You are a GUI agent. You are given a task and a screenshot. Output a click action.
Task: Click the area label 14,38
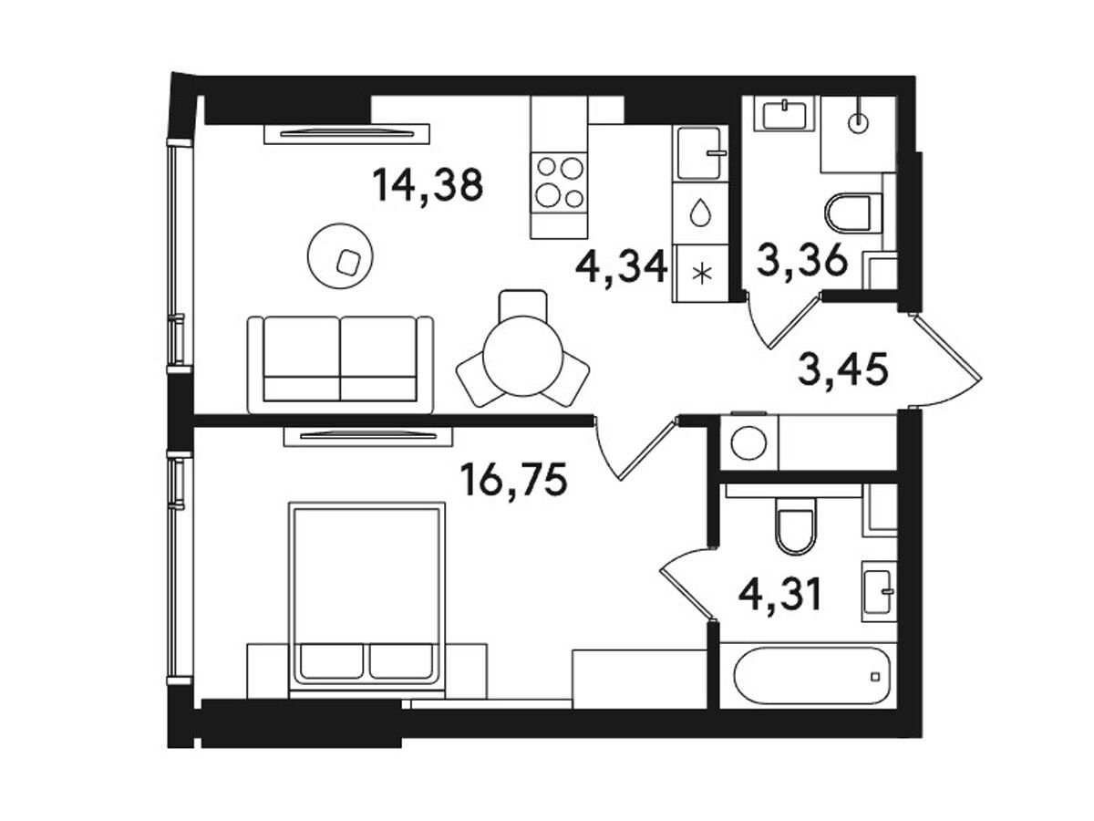click(428, 186)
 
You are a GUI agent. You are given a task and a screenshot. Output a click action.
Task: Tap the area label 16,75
click(513, 480)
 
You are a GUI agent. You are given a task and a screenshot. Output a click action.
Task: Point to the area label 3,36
click(801, 261)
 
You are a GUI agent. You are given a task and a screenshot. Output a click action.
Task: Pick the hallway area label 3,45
click(843, 370)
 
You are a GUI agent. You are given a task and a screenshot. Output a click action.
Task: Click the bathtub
click(811, 676)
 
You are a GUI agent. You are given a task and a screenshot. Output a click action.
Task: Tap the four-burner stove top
click(559, 182)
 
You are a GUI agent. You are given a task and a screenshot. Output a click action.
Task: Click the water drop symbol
click(700, 213)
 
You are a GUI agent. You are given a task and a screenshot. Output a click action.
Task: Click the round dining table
click(523, 356)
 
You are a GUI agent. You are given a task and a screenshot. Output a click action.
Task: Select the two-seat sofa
click(340, 364)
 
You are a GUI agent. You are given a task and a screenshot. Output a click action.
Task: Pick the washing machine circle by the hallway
click(748, 443)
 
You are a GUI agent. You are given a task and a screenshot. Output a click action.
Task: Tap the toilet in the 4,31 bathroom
click(797, 526)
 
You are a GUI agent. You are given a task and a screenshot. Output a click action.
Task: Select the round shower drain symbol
click(858, 122)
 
